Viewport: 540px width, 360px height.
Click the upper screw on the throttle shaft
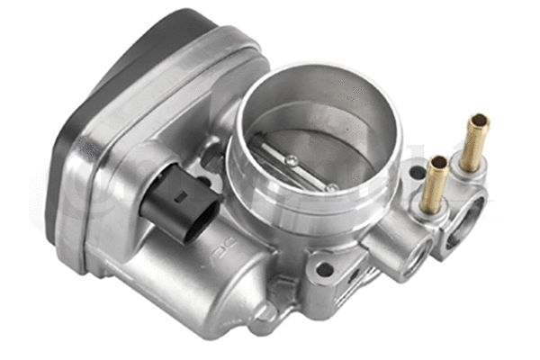click(292, 160)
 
